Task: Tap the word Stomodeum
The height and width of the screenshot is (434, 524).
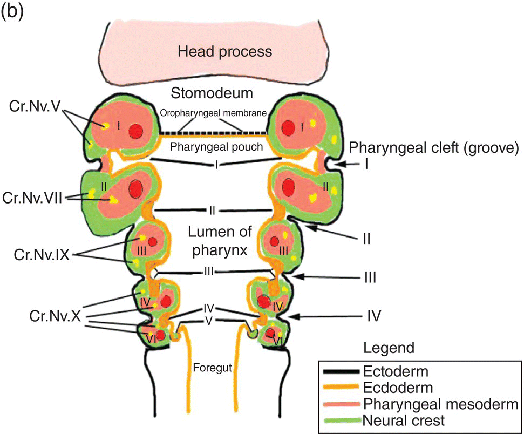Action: tap(212, 93)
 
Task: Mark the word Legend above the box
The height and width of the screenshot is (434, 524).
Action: tap(389, 348)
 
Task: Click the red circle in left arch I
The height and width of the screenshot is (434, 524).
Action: tap(137, 130)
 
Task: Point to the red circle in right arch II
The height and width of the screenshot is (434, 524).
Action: tap(290, 187)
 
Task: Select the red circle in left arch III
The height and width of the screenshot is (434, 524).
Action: tap(153, 241)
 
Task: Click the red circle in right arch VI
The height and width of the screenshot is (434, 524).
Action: tap(270, 333)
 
